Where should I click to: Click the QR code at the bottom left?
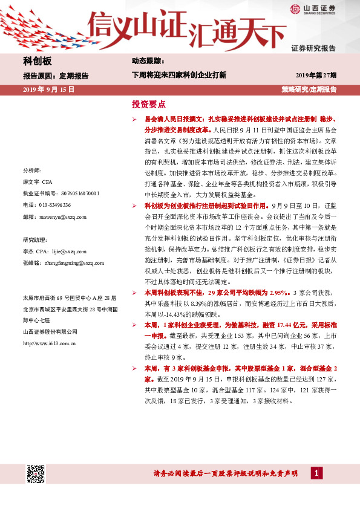point(36,474)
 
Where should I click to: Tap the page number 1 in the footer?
point(315,473)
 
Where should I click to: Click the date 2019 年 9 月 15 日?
point(48,89)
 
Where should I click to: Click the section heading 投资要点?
point(148,104)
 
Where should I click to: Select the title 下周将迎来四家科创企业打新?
point(179,76)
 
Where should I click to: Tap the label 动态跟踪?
point(148,61)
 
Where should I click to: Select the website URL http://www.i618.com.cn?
point(49,343)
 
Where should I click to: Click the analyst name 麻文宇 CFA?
point(38,182)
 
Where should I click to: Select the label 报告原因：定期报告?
point(56,76)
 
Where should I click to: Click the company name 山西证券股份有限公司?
point(50,331)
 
